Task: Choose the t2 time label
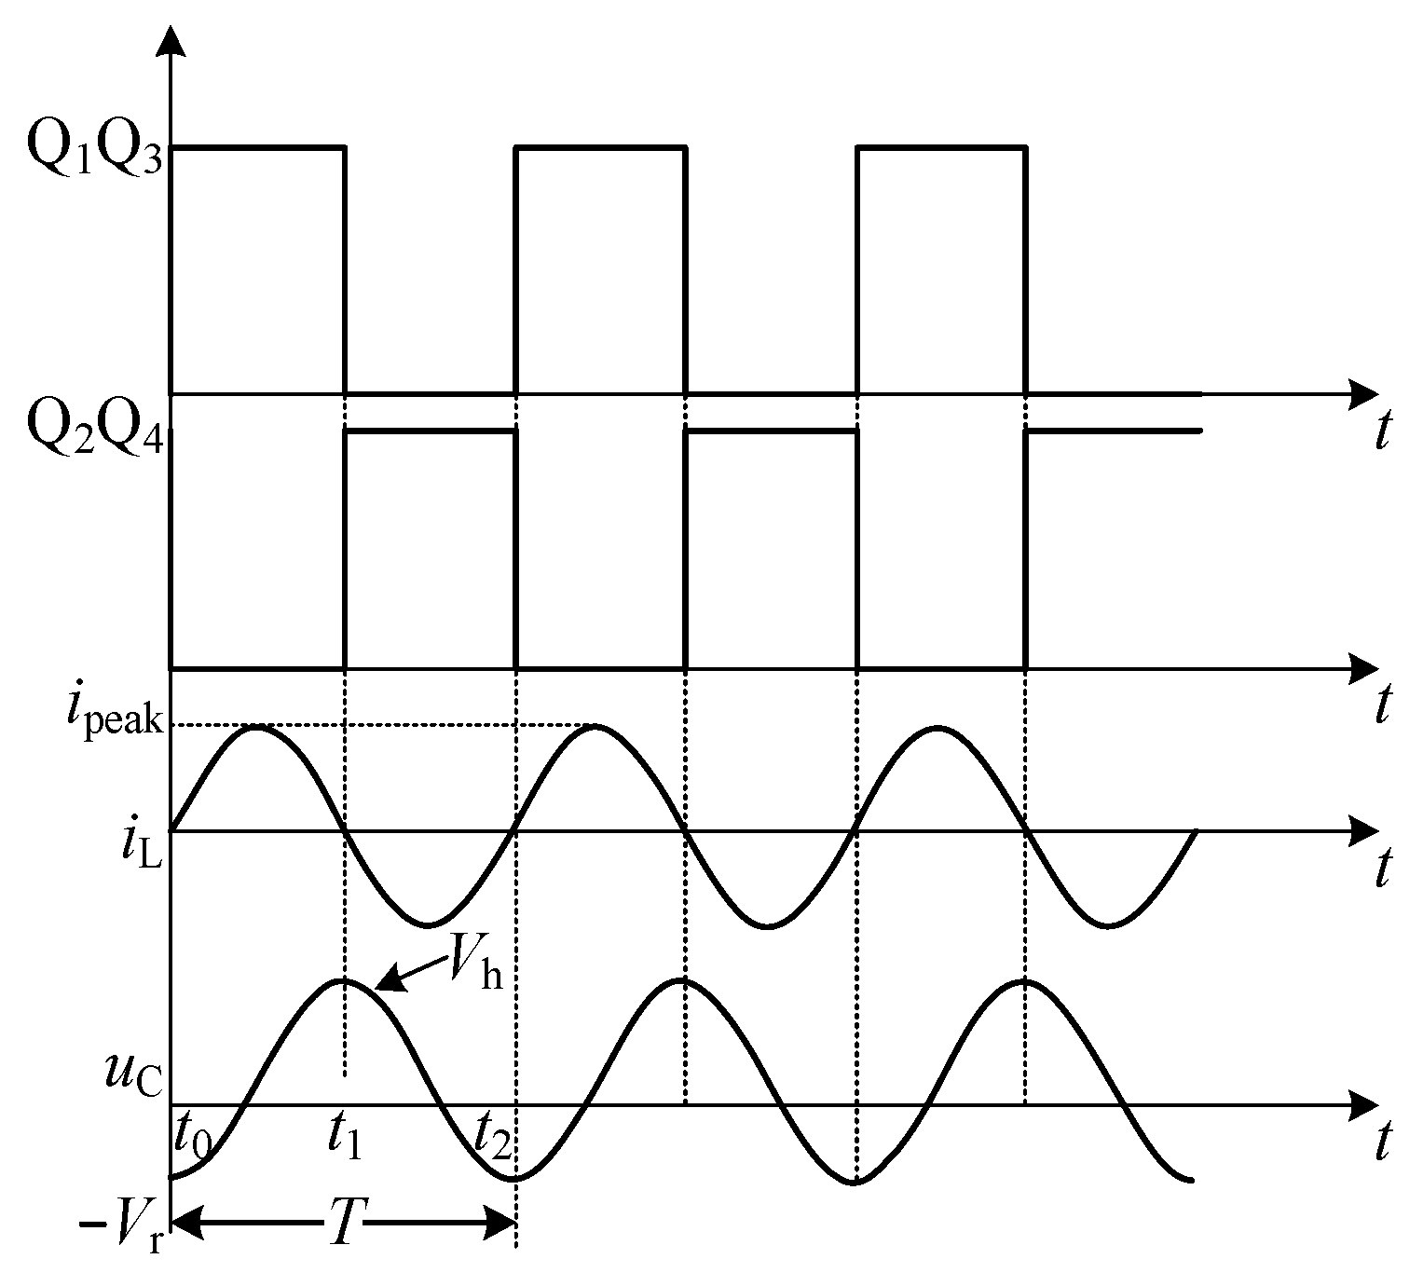pyautogui.click(x=491, y=1135)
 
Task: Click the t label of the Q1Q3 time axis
pyautogui.click(x=1384, y=431)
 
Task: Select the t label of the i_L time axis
pyautogui.click(x=1384, y=869)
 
